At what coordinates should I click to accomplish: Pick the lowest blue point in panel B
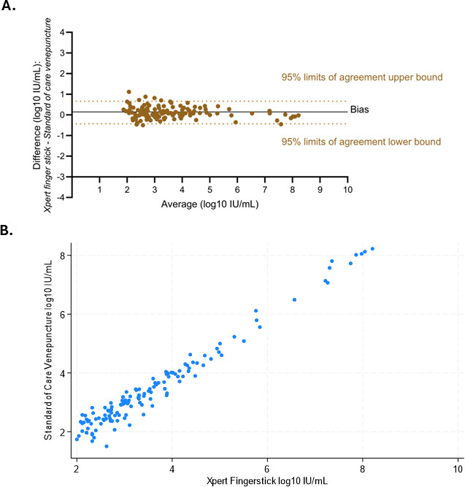coord(107,446)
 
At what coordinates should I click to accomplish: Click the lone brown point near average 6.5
coord(252,113)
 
